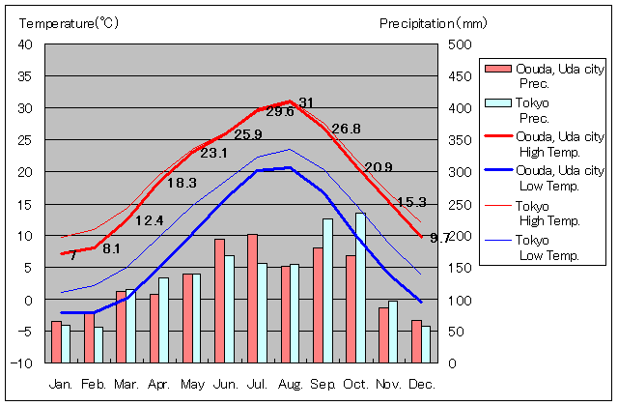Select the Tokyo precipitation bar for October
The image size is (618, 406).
(x=361, y=288)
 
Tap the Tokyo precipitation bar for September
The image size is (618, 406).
(x=327, y=290)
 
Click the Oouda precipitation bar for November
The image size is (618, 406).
(x=383, y=334)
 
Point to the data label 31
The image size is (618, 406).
(x=306, y=102)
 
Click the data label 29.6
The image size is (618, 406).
(x=280, y=111)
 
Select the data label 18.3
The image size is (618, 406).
(x=182, y=183)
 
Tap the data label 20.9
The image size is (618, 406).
(x=379, y=167)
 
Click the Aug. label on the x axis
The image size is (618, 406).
(x=290, y=384)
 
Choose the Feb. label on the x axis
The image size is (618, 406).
(x=94, y=384)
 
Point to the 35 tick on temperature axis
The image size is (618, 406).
(x=26, y=76)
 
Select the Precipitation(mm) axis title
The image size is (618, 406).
(x=434, y=22)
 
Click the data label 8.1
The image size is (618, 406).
(x=111, y=248)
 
